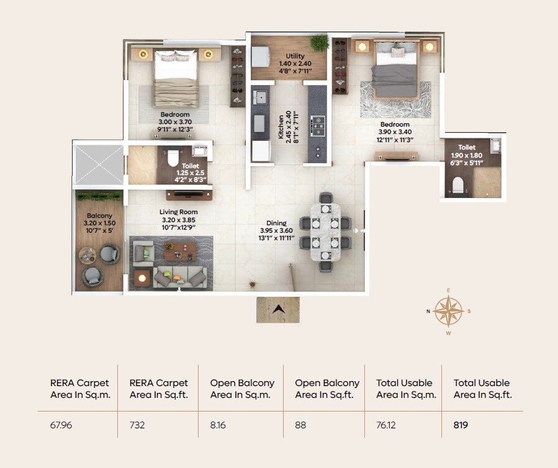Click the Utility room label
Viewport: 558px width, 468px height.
click(x=289, y=55)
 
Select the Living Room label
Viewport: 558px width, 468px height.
click(x=178, y=212)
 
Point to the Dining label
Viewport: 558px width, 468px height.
click(x=277, y=223)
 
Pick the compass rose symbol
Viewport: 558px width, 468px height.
click(x=449, y=311)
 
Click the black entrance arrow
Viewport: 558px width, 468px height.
click(x=278, y=308)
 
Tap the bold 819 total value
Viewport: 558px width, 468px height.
click(x=461, y=426)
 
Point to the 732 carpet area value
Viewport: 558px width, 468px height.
click(x=137, y=426)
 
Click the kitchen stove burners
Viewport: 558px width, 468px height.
click(x=317, y=124)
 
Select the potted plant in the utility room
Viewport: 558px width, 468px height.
click(x=320, y=42)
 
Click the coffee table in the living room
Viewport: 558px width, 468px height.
click(x=180, y=251)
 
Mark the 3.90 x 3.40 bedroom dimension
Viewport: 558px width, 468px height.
click(x=395, y=132)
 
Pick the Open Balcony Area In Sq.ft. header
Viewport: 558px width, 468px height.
click(x=326, y=389)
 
